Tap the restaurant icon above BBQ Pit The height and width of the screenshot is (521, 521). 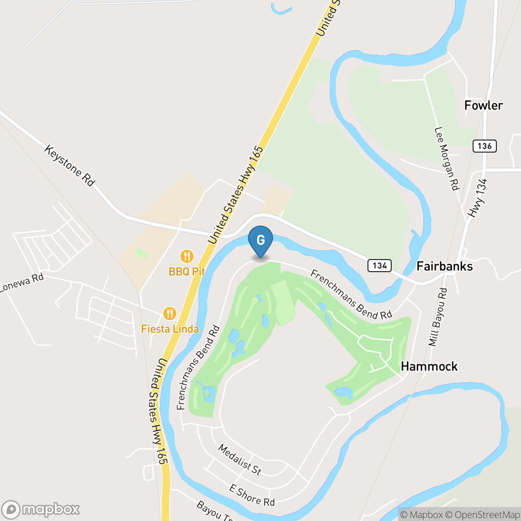tap(187, 256)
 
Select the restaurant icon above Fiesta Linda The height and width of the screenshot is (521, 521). tap(170, 314)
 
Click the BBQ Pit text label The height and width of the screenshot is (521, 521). tap(187, 271)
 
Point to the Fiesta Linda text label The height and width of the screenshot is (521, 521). tap(170, 329)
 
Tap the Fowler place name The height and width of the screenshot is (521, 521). tap(483, 106)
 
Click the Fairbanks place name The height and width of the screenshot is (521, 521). tap(444, 266)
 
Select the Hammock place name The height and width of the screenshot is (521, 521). tap(429, 366)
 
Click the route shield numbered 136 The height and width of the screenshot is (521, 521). tap(484, 146)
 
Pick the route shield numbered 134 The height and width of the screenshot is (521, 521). tap(379, 266)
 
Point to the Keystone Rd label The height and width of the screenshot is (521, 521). tap(69, 165)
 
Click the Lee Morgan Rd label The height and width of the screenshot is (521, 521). tap(447, 159)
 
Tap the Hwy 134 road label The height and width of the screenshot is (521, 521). tap(478, 199)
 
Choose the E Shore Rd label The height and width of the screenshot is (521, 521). tap(252, 494)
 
